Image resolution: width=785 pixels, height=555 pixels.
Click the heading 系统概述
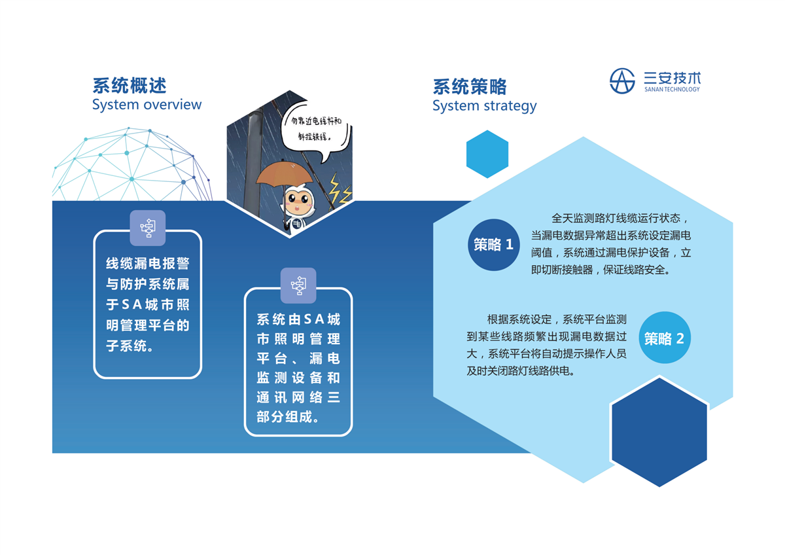pos(130,86)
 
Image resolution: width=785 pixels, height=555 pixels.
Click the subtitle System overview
pos(147,105)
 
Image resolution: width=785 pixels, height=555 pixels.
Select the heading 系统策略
pos(470,86)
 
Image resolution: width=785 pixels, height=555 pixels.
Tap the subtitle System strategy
pos(484,106)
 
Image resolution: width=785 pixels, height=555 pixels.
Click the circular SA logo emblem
pos(622,81)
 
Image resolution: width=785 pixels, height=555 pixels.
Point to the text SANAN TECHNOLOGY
pos(672,90)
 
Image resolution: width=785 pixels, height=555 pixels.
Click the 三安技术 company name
pos(672,78)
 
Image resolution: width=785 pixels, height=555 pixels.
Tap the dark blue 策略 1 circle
pos(494,245)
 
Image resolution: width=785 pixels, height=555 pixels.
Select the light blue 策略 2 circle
pos(665,338)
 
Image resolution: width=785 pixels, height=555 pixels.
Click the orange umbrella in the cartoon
pos(283,173)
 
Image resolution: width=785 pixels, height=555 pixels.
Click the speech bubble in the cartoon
pos(315,130)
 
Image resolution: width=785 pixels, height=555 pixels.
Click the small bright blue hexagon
pos(487,154)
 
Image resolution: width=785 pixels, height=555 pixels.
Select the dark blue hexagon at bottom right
pos(659,433)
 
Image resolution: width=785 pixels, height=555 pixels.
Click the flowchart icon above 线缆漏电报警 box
pos(148,228)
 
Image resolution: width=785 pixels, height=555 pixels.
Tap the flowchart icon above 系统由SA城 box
pos(298,285)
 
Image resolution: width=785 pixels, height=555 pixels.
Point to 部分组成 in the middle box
pos(284,417)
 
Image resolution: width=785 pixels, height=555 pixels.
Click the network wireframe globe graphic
pos(131,164)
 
